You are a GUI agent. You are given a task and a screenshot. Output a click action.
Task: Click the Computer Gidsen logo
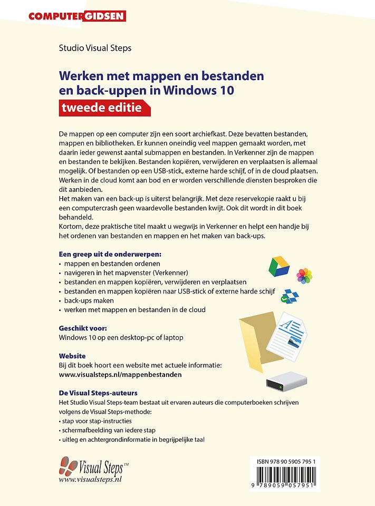[x=77, y=16]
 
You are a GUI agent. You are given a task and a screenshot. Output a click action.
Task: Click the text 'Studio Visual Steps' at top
[x=95, y=48]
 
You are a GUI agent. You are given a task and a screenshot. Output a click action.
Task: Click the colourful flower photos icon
[x=304, y=275]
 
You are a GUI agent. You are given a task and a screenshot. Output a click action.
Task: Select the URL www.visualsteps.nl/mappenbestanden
[x=120, y=374]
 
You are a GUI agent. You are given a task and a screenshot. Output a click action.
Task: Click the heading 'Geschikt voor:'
[x=83, y=328]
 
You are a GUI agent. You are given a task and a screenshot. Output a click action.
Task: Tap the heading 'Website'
[x=72, y=356]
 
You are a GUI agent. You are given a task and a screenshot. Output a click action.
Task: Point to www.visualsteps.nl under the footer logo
[x=90, y=479]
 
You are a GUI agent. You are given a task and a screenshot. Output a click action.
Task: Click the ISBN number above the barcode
[x=285, y=461]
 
